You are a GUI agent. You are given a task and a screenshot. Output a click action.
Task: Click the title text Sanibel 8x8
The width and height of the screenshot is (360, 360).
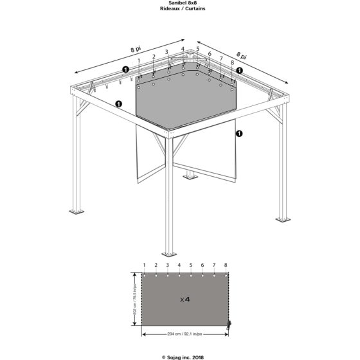[x=183, y=3]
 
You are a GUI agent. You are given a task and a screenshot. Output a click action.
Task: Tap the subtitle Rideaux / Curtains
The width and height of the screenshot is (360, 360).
[x=183, y=9]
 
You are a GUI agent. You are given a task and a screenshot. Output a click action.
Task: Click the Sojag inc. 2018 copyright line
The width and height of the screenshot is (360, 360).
[x=183, y=357]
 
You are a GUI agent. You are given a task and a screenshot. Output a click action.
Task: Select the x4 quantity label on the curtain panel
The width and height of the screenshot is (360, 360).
[x=185, y=300]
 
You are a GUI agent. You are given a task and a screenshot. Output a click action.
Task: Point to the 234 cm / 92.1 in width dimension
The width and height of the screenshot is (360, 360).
[x=185, y=334]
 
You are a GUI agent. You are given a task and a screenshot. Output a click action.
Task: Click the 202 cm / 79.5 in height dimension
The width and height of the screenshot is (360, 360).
[x=135, y=299]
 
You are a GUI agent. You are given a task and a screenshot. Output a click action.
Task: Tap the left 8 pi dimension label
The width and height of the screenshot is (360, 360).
[x=136, y=49]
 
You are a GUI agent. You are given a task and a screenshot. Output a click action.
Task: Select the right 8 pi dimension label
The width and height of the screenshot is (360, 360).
[x=242, y=55]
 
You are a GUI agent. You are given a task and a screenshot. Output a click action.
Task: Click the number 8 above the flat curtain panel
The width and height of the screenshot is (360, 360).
[x=226, y=265]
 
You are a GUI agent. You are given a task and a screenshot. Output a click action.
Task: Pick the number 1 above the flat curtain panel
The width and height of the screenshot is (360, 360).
[x=144, y=265]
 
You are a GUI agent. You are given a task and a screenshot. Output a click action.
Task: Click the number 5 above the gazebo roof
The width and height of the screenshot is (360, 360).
[x=198, y=49]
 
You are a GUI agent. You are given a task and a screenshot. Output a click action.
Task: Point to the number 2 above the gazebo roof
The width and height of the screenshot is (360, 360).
[x=154, y=57]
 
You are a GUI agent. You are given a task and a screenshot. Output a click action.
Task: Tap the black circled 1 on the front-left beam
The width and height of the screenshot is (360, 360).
[x=118, y=104]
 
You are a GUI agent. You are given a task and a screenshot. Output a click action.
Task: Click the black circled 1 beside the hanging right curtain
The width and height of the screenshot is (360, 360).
[x=239, y=134]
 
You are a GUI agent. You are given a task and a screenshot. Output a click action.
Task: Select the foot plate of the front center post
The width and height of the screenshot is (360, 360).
[x=169, y=254]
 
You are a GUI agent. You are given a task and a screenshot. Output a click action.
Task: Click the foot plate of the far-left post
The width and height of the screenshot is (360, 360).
[x=76, y=212]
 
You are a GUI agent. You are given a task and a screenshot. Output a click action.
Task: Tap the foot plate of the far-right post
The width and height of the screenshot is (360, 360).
[x=283, y=219]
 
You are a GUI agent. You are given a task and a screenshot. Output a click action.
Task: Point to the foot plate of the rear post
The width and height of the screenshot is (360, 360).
[x=190, y=177]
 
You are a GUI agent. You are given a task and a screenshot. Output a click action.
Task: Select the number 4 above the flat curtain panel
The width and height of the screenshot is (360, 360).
[x=179, y=265]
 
